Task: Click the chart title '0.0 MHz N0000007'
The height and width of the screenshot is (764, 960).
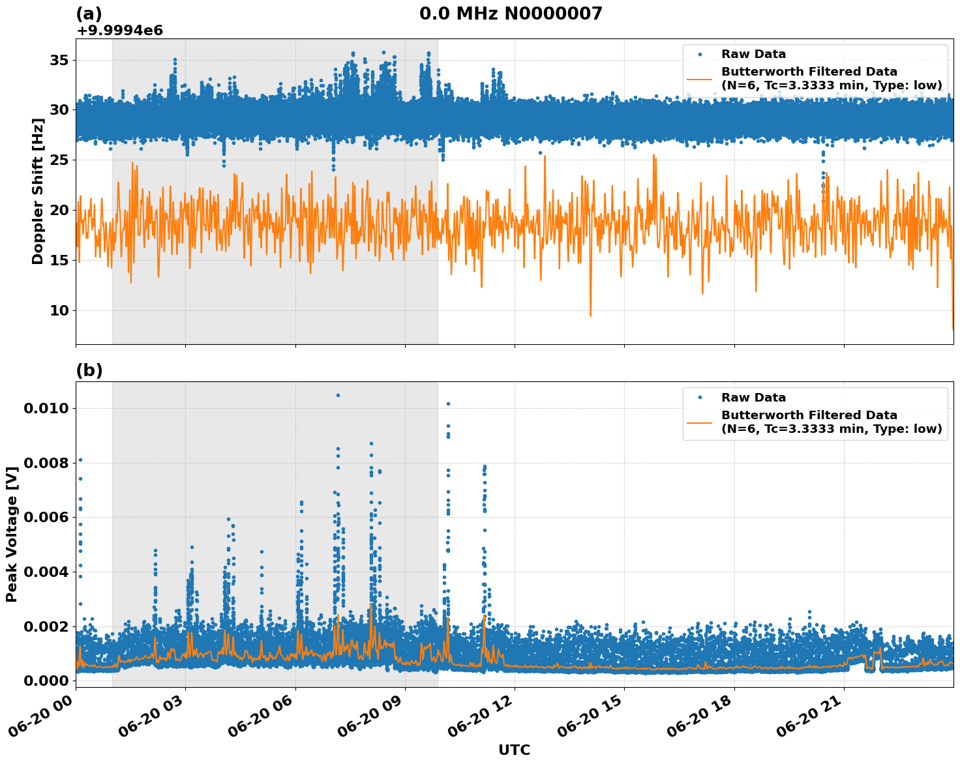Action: (511, 14)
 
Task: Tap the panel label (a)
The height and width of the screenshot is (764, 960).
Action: (89, 14)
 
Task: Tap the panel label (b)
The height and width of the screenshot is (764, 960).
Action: (89, 370)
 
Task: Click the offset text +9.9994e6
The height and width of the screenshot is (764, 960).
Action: (119, 31)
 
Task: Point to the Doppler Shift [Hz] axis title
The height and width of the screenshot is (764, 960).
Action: (38, 191)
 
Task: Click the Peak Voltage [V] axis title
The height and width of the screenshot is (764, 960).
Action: (12, 534)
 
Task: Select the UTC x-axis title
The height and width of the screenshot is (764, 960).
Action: (514, 750)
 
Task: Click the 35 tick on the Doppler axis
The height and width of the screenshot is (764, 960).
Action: (59, 60)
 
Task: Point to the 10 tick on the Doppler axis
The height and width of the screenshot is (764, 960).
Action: (59, 310)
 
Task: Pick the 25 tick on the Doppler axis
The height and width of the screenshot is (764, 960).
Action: (59, 160)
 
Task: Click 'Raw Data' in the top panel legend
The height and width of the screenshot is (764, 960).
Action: (753, 54)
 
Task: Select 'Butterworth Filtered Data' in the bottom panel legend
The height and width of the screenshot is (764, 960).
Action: (809, 415)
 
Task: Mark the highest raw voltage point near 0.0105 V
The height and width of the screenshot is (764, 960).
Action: (338, 395)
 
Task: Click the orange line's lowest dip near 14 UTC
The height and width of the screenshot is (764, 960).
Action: (591, 316)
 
